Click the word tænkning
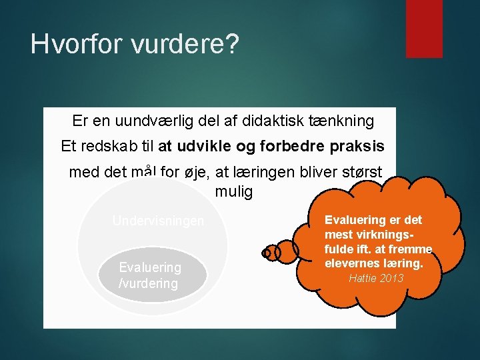point(341,121)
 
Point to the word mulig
point(234,192)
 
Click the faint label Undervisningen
point(158,221)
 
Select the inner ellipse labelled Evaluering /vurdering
point(153,275)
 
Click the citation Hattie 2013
point(376,278)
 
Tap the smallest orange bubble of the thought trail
point(267,253)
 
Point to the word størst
point(362,172)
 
